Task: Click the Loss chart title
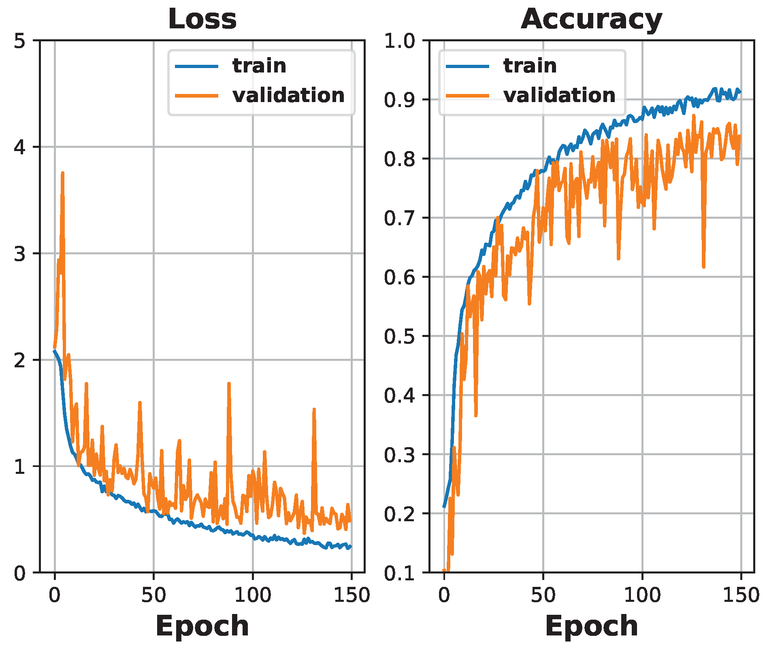(x=202, y=19)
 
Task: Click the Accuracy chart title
(x=591, y=19)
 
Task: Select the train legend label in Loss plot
(x=259, y=66)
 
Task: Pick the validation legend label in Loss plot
(x=288, y=95)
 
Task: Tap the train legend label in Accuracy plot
(x=530, y=66)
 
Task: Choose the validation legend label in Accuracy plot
(x=559, y=95)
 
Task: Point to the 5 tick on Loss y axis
(x=19, y=41)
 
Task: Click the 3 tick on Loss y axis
(x=19, y=254)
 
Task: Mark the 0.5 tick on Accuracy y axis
(x=399, y=336)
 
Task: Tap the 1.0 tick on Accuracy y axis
(x=399, y=41)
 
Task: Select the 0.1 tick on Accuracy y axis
(x=399, y=573)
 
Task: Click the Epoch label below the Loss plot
(x=202, y=626)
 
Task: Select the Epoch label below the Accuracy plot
(x=591, y=626)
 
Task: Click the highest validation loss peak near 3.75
(x=62, y=173)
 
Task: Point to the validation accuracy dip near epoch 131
(x=703, y=266)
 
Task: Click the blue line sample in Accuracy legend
(x=467, y=66)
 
